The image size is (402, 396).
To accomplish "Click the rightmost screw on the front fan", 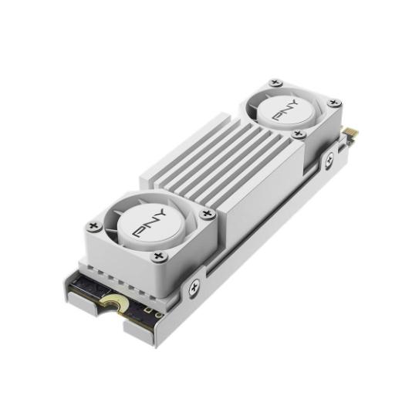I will (x=206, y=214).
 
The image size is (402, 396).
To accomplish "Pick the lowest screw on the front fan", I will (x=158, y=256).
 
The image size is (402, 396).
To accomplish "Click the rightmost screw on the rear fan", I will (x=333, y=102).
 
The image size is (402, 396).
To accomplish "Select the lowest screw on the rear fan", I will (x=299, y=134).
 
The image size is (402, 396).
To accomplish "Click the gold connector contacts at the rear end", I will (x=350, y=134).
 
